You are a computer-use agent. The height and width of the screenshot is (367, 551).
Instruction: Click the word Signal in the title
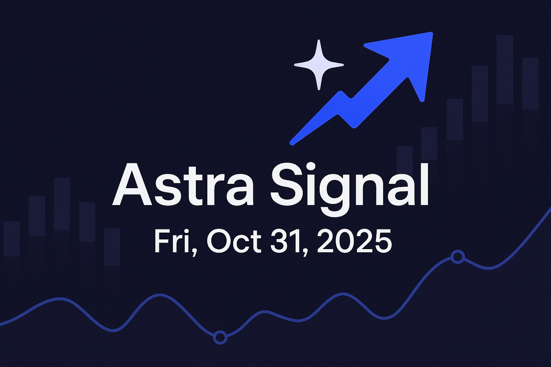[349, 186]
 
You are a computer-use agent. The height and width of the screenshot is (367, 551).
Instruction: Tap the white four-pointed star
[319, 65]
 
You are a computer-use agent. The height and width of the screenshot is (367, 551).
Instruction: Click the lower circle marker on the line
[220, 337]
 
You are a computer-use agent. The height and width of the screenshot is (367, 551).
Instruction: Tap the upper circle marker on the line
[457, 257]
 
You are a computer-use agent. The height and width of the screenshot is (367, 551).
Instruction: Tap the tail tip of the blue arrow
[293, 142]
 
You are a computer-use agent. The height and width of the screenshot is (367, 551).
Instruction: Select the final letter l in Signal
[424, 185]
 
